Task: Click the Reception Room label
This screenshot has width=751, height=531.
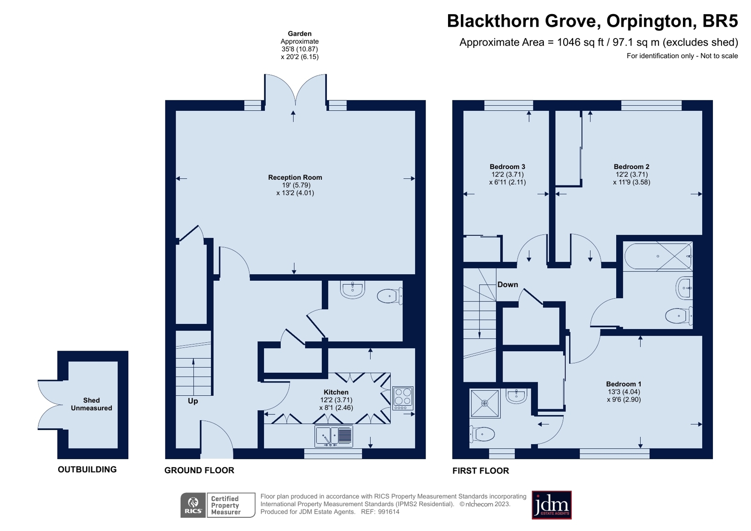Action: pos(294,177)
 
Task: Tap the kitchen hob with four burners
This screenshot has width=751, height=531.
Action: pos(403,398)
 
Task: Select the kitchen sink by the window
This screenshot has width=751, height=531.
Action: pos(333,436)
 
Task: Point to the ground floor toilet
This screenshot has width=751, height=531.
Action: pos(389,296)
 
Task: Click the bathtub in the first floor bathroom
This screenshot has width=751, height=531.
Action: pos(658,256)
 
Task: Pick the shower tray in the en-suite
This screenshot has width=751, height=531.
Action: pos(485,403)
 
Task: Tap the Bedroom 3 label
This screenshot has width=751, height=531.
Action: pos(507,167)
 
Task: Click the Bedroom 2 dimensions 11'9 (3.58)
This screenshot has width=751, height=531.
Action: pos(632,182)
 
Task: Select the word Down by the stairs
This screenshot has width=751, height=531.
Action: pos(508,285)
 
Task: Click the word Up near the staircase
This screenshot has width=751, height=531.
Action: pos(193,401)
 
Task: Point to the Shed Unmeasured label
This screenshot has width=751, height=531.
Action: pos(91,404)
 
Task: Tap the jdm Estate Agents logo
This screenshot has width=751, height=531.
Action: pos(551,505)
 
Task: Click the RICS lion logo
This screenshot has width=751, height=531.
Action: pos(193,505)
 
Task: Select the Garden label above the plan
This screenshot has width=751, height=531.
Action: pos(300,33)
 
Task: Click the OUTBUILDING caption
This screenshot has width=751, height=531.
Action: pos(87,469)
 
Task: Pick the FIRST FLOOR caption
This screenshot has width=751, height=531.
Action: pos(480,470)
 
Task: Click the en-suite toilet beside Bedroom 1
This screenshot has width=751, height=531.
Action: pos(482,435)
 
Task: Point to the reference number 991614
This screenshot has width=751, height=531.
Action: pos(388,512)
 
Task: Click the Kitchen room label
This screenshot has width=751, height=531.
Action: pos(336,392)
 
